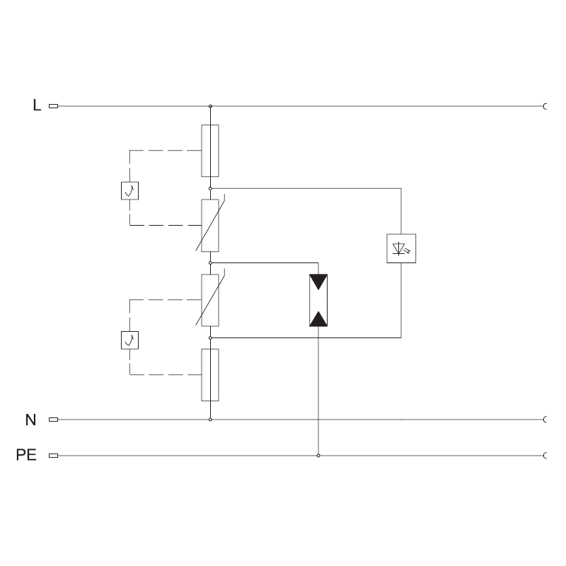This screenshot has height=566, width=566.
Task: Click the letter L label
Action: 37,105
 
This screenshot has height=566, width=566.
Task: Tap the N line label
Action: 30,420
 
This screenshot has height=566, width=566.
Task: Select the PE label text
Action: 26,455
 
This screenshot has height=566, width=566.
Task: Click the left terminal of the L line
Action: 54,106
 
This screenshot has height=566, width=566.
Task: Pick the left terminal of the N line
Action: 54,420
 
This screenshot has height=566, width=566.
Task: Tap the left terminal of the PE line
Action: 54,456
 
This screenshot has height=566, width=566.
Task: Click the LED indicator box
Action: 401,248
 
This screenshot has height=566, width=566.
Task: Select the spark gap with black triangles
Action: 318,300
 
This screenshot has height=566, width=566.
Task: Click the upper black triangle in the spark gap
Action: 318,281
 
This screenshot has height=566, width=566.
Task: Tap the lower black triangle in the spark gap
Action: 318,319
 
